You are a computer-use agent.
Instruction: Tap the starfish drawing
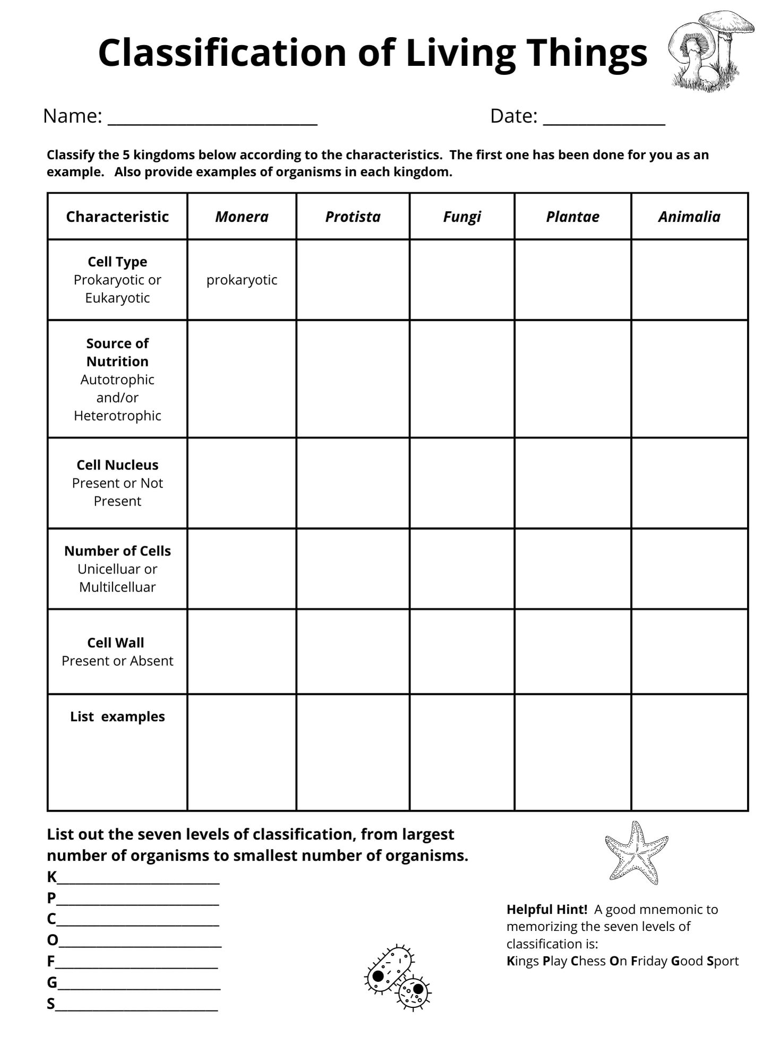[636, 852]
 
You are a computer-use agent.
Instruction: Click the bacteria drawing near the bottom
[397, 978]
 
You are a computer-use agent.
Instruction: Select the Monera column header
[242, 217]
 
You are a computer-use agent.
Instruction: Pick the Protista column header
[353, 217]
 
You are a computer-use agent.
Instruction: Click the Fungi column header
[462, 217]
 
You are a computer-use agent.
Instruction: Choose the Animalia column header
[689, 217]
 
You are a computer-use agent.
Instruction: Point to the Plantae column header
[572, 217]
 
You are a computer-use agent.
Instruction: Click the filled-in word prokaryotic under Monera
[242, 280]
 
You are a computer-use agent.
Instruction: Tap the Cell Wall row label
[116, 643]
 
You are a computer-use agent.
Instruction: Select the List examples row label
[117, 716]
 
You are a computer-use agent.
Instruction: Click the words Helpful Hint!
[546, 909]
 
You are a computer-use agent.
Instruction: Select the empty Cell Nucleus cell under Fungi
[462, 483]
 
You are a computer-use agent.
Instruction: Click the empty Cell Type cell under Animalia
[689, 280]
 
